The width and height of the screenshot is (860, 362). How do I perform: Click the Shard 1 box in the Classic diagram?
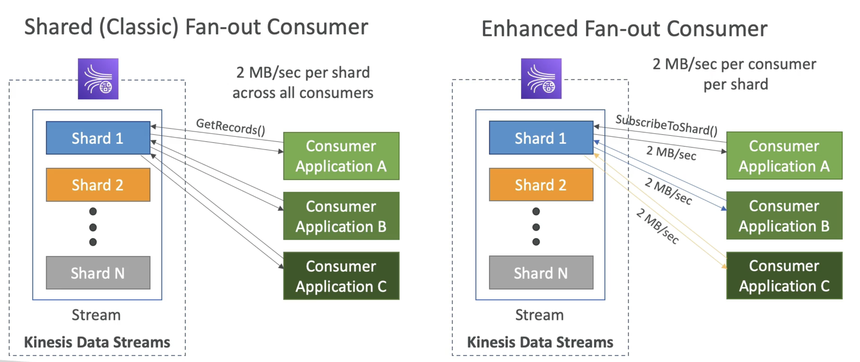(x=98, y=138)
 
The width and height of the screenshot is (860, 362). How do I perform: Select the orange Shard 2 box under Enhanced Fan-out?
(x=541, y=185)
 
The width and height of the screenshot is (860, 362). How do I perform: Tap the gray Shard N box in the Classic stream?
(x=98, y=273)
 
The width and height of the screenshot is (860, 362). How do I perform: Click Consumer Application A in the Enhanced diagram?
(x=784, y=156)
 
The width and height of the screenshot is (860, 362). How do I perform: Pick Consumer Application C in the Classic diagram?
(x=341, y=276)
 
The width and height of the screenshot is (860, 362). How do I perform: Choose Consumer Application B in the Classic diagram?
(x=341, y=216)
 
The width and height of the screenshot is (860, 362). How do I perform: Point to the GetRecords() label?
(x=231, y=127)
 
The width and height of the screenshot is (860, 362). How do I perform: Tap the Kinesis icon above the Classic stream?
(x=98, y=79)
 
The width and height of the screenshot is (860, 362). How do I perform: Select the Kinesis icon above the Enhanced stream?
(x=541, y=78)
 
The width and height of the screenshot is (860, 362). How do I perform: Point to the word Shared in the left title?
(x=59, y=27)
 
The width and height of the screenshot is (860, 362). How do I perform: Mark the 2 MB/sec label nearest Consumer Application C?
(x=657, y=226)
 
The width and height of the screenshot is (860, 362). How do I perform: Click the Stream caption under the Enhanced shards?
(x=539, y=315)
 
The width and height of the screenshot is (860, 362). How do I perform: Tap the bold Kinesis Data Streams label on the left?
(x=97, y=342)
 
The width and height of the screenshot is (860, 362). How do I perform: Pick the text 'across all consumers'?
(x=303, y=93)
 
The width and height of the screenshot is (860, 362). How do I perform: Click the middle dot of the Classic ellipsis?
(x=93, y=227)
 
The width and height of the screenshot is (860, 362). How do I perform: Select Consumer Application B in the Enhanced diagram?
(x=784, y=215)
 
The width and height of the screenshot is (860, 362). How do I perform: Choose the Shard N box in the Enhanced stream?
(x=541, y=272)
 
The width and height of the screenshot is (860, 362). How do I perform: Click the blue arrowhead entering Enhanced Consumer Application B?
(x=723, y=208)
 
